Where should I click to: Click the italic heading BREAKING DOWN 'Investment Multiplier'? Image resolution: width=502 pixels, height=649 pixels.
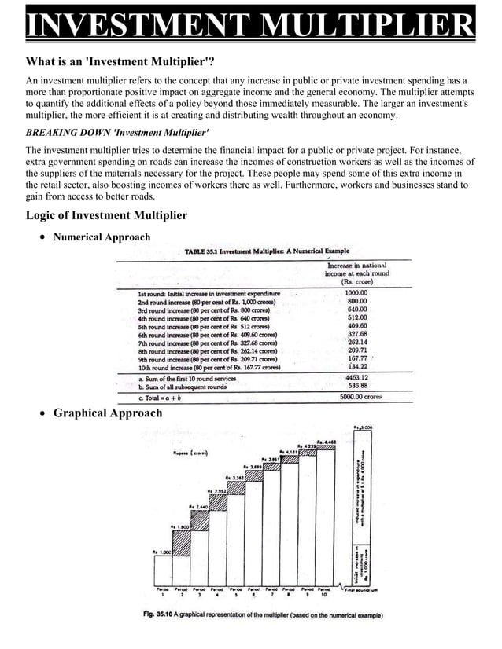tap(117, 133)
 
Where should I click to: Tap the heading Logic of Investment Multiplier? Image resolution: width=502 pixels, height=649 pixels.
tap(106, 215)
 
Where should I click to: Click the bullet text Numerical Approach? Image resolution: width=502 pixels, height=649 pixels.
tap(102, 236)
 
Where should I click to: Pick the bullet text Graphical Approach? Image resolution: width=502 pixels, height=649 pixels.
tap(108, 412)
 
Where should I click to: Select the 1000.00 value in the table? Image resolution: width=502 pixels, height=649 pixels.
tap(357, 292)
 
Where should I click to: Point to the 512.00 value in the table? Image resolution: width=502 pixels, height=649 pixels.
tap(357, 318)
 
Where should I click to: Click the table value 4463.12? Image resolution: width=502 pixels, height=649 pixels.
tap(357, 377)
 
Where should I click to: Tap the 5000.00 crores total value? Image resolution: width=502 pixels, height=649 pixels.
tap(364, 397)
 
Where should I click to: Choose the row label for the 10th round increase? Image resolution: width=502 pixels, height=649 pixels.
tap(209, 366)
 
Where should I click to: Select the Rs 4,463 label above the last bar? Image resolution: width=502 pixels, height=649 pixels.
tap(327, 442)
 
